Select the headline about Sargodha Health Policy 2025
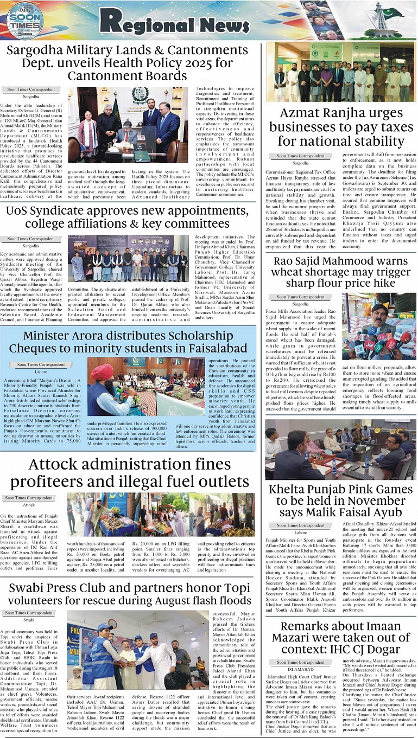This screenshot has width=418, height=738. point(128,63)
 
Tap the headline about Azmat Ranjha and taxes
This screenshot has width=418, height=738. point(341,127)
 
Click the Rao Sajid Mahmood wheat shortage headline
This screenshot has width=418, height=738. point(341,272)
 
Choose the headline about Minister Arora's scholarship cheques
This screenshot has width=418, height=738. point(128,342)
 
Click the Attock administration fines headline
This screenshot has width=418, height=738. point(129,473)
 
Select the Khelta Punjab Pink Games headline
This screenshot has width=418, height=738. point(341,501)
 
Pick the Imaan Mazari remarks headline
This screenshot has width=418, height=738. point(341,638)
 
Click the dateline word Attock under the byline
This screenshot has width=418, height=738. point(28,505)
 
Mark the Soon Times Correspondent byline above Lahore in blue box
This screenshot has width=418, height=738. point(41,365)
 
